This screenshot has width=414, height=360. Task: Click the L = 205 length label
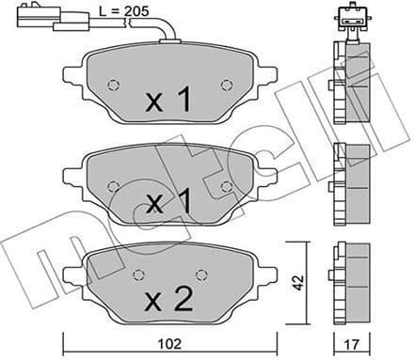pyautogui.click(x=124, y=12)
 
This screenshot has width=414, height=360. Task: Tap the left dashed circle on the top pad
pyautogui.click(x=114, y=85)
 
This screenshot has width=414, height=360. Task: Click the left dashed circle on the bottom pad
pyautogui.click(x=139, y=274)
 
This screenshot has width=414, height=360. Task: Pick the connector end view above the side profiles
pyautogui.click(x=349, y=19)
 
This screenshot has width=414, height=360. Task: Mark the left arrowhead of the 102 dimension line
pyautogui.click(x=66, y=336)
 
